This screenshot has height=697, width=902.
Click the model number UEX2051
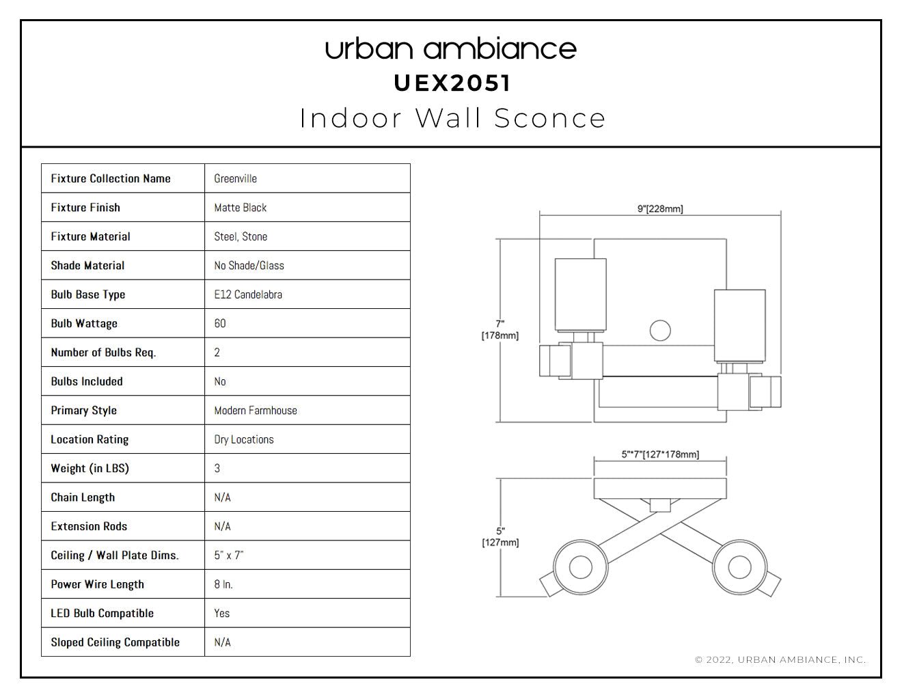(x=452, y=83)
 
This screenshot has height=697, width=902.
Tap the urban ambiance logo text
(x=451, y=49)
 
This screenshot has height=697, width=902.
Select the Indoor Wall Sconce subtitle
(x=452, y=118)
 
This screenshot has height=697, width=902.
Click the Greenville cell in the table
(x=236, y=178)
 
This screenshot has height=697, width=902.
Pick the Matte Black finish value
(x=241, y=208)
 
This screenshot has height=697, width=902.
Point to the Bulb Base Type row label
(x=88, y=295)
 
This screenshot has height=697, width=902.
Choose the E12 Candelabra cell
(x=248, y=295)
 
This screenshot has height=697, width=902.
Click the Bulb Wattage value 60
(x=220, y=323)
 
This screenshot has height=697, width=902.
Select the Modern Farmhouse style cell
(x=256, y=411)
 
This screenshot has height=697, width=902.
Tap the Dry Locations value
(x=244, y=439)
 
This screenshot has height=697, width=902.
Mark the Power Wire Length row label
(x=97, y=584)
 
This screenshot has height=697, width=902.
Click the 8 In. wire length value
(x=223, y=584)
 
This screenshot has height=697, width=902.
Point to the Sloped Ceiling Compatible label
(x=115, y=642)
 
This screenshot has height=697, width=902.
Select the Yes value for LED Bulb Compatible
(x=222, y=613)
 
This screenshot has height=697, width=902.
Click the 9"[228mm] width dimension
(x=660, y=209)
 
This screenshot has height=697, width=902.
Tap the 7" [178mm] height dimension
(x=500, y=330)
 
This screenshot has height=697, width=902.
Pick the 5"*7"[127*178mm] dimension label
(x=660, y=454)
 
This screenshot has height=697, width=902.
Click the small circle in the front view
(x=660, y=331)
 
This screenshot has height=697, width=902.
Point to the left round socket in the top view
(x=580, y=567)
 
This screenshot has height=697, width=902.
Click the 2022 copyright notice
(x=780, y=659)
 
